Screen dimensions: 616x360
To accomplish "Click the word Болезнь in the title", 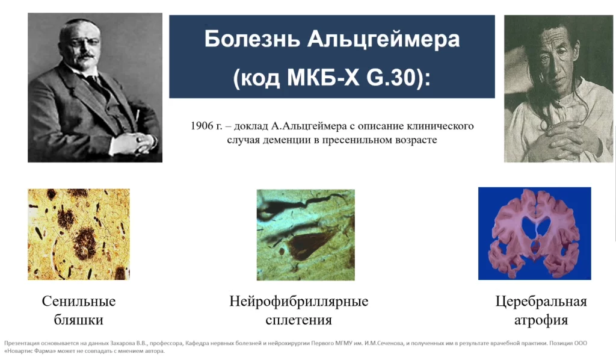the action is [252, 39].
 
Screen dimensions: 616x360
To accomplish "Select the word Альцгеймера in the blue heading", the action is [383, 40].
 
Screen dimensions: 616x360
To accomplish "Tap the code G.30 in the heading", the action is [391, 78].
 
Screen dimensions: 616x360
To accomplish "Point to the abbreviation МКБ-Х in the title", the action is [323, 78].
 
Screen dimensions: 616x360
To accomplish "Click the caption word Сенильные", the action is [79, 302].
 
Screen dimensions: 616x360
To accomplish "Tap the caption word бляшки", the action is [79, 320].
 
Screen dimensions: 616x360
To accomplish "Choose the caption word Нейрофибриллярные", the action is [298, 302].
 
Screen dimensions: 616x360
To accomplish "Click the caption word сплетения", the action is [298, 320].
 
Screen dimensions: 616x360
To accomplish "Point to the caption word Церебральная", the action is [541, 302].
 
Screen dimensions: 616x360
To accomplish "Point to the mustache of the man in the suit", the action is [86, 56].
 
